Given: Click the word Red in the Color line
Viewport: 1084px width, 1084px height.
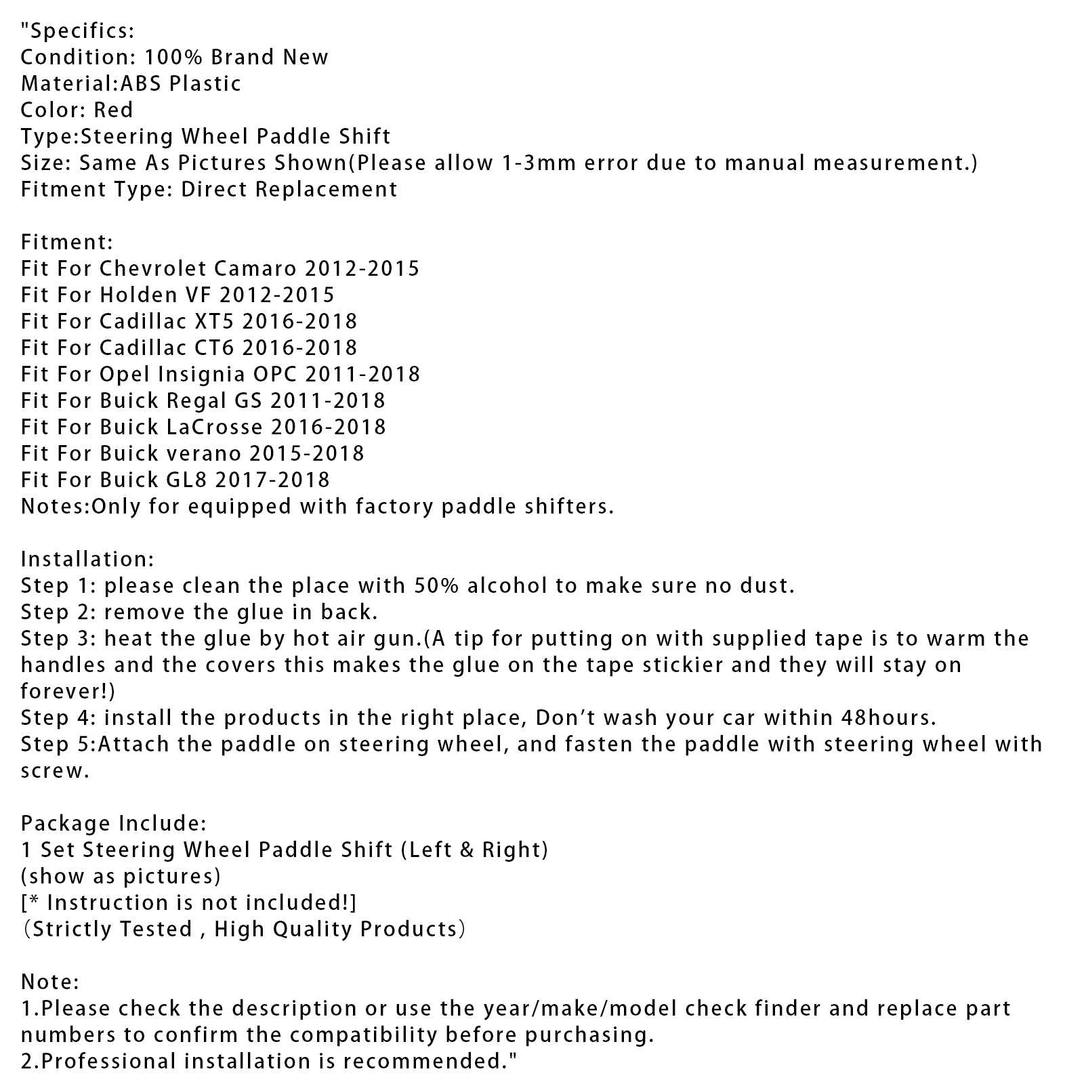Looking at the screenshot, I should (x=113, y=110).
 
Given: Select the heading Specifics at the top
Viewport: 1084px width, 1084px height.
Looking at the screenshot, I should (x=81, y=30).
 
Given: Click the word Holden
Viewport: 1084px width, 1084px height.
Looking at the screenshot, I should (x=133, y=295).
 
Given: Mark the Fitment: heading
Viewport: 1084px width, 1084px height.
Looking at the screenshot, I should (x=67, y=242).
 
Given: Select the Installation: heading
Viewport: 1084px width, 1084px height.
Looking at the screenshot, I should (x=87, y=559).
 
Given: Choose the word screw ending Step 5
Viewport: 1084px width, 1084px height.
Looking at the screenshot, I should (x=53, y=771).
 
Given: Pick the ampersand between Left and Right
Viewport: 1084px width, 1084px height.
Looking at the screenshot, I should (x=465, y=850).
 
